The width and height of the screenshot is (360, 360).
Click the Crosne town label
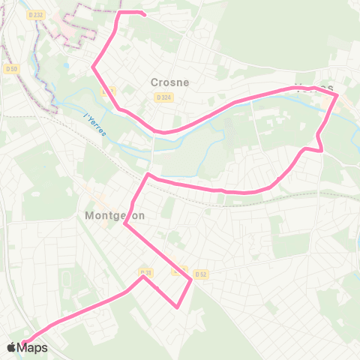169,82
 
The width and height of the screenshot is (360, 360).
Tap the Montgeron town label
109,214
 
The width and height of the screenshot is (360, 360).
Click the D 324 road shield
162,97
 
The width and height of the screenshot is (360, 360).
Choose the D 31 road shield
145,272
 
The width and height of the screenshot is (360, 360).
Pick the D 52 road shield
200,274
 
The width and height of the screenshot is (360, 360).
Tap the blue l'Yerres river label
95,124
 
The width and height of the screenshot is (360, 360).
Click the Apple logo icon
11,347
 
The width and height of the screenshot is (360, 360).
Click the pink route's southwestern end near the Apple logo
22,346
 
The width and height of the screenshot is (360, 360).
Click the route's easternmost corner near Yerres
338,96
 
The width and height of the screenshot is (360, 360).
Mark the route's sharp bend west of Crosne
93,67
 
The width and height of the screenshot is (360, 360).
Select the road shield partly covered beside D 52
178,271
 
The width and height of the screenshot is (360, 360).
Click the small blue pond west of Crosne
67,65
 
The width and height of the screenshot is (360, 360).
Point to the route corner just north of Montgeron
148,175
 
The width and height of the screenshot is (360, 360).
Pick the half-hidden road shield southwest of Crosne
108,91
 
